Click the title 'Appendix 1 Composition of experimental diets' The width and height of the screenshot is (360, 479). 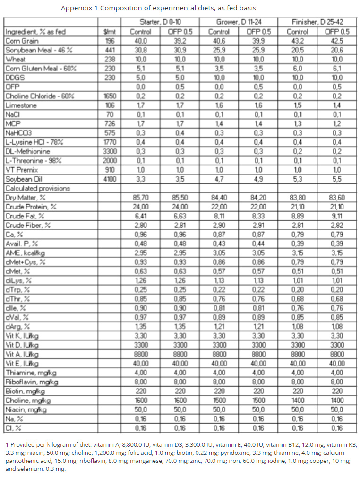[158, 8]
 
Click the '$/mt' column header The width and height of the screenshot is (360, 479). [109, 32]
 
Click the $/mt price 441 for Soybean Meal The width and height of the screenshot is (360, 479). [109, 50]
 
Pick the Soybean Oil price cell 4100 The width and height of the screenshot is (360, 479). [109, 179]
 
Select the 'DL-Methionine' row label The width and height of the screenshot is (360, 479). [26, 151]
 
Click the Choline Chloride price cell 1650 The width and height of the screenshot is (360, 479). [109, 96]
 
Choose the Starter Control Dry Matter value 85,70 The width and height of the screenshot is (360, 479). [140, 198]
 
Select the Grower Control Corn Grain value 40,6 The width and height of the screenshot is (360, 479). [219, 41]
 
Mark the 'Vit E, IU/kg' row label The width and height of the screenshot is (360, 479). [22, 363]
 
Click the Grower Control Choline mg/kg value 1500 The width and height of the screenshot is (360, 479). [219, 400]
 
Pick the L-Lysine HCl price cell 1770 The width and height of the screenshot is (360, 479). [109, 142]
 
